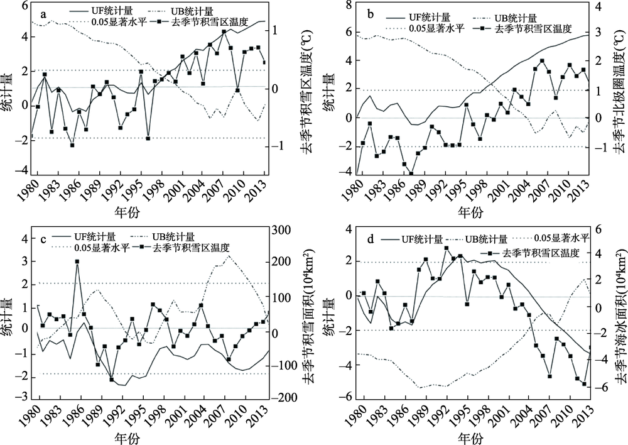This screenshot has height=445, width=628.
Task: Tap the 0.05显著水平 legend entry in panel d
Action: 562,238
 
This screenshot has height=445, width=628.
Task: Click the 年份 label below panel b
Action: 473,211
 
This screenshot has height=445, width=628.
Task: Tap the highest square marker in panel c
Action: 77,261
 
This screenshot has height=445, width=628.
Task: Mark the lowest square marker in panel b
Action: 411,174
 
